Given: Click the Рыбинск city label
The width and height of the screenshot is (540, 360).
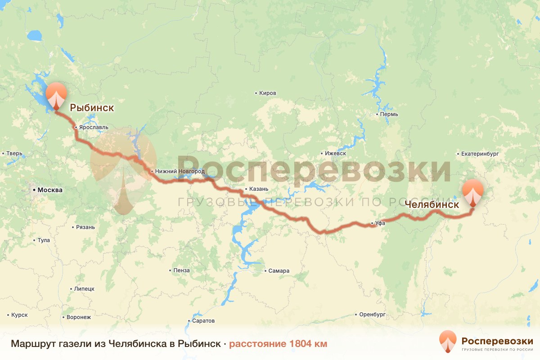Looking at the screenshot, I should click(92, 108).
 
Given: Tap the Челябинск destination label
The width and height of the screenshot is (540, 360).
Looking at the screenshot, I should click(432, 204).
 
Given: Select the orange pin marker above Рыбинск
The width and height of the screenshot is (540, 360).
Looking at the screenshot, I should click(56, 95).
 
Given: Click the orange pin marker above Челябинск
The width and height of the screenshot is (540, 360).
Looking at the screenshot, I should click(473, 192).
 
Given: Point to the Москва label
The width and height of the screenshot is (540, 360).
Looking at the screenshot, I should click(50, 190).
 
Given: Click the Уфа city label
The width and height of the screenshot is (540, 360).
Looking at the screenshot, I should click(380, 223).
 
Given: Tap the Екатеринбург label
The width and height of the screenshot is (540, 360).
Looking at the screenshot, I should click(480, 153).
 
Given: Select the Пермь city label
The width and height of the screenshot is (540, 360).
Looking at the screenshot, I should click(389, 114).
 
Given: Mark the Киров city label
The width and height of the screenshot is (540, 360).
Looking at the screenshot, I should click(268, 93).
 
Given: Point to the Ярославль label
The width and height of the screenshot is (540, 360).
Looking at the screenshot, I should click(94, 127).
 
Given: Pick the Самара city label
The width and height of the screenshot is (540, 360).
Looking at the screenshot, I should click(279, 271).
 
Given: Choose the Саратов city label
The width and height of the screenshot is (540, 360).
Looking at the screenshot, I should click(203, 321).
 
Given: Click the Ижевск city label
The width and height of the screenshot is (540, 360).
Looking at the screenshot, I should click(335, 153).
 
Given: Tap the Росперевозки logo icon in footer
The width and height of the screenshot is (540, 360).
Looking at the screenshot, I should click(448, 341).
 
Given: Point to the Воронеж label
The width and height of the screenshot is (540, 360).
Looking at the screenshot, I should click(78, 317).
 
